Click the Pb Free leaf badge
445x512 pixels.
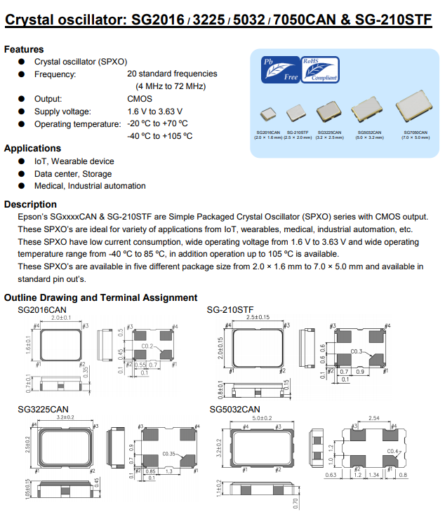[279, 70]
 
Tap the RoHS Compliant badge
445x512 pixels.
[319, 70]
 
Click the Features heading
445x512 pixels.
[24, 50]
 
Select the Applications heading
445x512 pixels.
[32, 149]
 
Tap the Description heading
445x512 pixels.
[30, 204]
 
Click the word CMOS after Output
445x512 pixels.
[140, 99]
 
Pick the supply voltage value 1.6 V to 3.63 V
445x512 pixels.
[154, 112]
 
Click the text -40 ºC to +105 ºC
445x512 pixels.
[159, 136]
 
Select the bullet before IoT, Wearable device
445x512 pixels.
[21, 161]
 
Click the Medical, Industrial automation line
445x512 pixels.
[90, 186]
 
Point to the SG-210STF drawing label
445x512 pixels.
[230, 309]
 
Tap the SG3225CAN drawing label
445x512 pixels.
[42, 409]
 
